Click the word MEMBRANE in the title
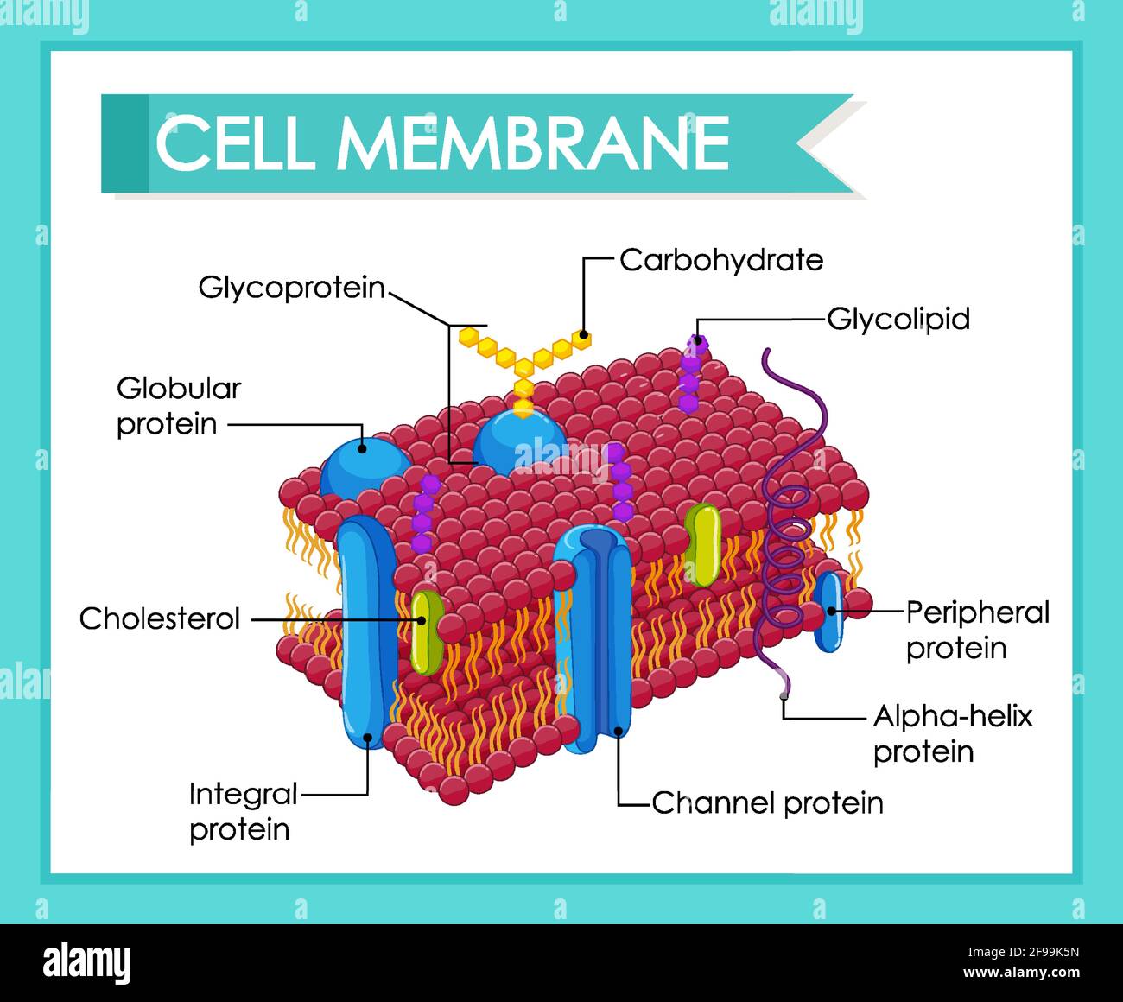pos(534,143)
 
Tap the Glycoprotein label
pos(291,288)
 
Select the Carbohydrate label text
pos(721,260)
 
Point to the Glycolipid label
pos(898,319)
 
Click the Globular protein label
pos(178,406)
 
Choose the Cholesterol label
pos(160,618)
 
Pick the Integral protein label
pos(243,811)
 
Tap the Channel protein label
pos(767,803)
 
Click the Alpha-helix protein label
pos(952,733)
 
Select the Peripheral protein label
pos(977,630)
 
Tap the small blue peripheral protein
pos(829,612)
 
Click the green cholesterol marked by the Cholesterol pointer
pos(425,631)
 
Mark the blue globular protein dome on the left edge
pos(361,466)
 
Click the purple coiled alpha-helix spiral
pos(786,553)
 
